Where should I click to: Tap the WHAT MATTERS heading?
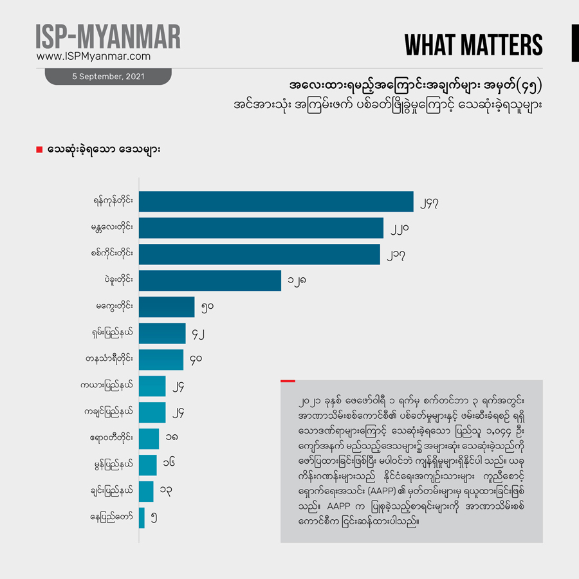[473, 45]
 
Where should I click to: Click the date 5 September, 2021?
[108, 77]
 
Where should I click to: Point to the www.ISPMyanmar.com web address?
[93, 57]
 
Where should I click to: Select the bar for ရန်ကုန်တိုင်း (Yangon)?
[276, 201]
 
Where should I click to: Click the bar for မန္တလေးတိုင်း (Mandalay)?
[261, 228]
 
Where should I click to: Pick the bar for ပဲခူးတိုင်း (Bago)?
[210, 280]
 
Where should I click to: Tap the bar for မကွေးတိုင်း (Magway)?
[167, 307]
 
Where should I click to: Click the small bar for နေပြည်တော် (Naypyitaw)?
[142, 518]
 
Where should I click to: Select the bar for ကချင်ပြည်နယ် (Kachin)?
[152, 412]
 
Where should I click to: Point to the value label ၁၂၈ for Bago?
[296, 280]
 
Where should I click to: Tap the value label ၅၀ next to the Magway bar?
[207, 307]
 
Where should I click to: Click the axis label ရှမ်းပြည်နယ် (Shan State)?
[114, 333]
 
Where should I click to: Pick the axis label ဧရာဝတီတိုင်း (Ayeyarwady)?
[113, 438]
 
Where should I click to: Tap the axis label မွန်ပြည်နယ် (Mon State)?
[115, 464]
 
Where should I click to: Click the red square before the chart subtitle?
[39, 150]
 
